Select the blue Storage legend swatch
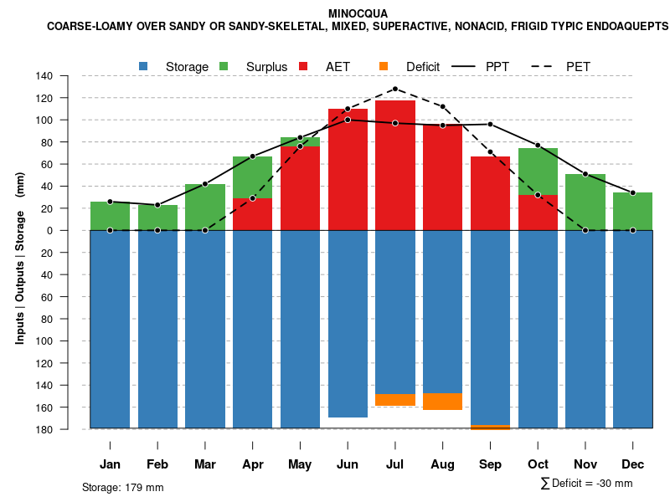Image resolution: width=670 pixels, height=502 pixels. (x=145, y=66)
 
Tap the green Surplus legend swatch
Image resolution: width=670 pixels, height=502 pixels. (x=224, y=66)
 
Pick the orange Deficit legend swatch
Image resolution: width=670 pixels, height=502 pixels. (x=384, y=66)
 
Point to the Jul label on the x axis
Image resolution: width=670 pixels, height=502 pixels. (x=394, y=464)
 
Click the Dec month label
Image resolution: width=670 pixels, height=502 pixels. (x=632, y=464)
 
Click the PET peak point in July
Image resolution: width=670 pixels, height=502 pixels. (x=394, y=89)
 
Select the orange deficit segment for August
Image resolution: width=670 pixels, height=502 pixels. (x=442, y=402)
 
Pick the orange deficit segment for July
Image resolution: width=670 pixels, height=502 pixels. (x=394, y=400)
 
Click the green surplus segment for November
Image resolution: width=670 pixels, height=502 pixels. (x=585, y=202)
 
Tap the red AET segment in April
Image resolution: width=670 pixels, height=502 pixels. (x=252, y=214)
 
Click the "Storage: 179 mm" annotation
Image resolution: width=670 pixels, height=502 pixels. (x=123, y=487)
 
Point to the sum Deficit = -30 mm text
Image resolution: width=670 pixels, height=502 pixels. (x=586, y=483)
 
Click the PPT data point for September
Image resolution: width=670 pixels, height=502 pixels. (x=490, y=125)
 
